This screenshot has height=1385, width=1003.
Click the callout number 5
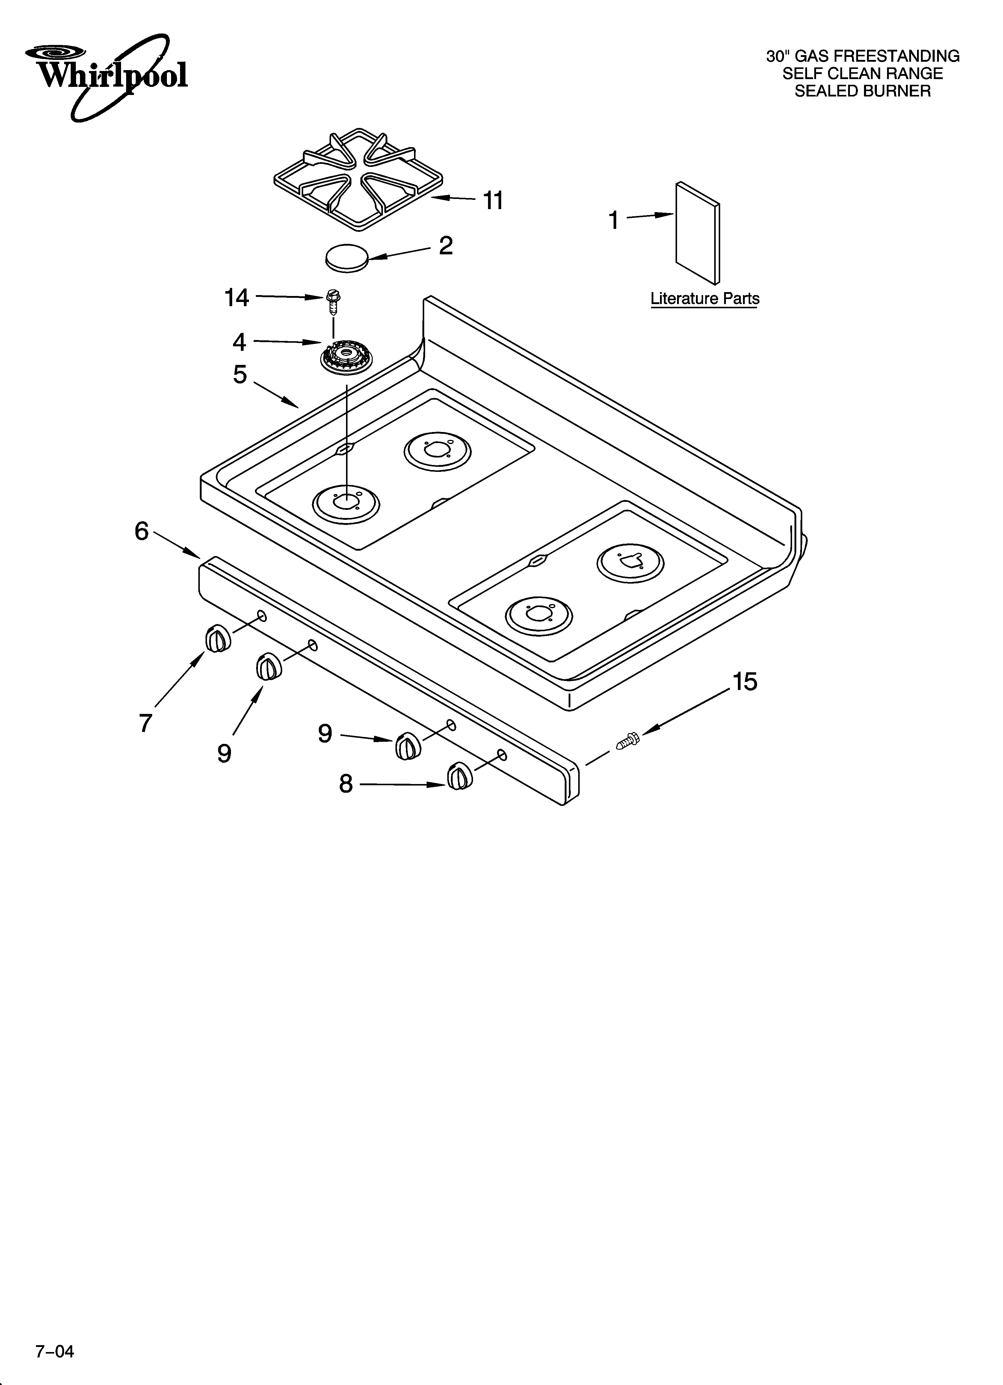(240, 374)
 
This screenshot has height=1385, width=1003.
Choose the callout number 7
(145, 723)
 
